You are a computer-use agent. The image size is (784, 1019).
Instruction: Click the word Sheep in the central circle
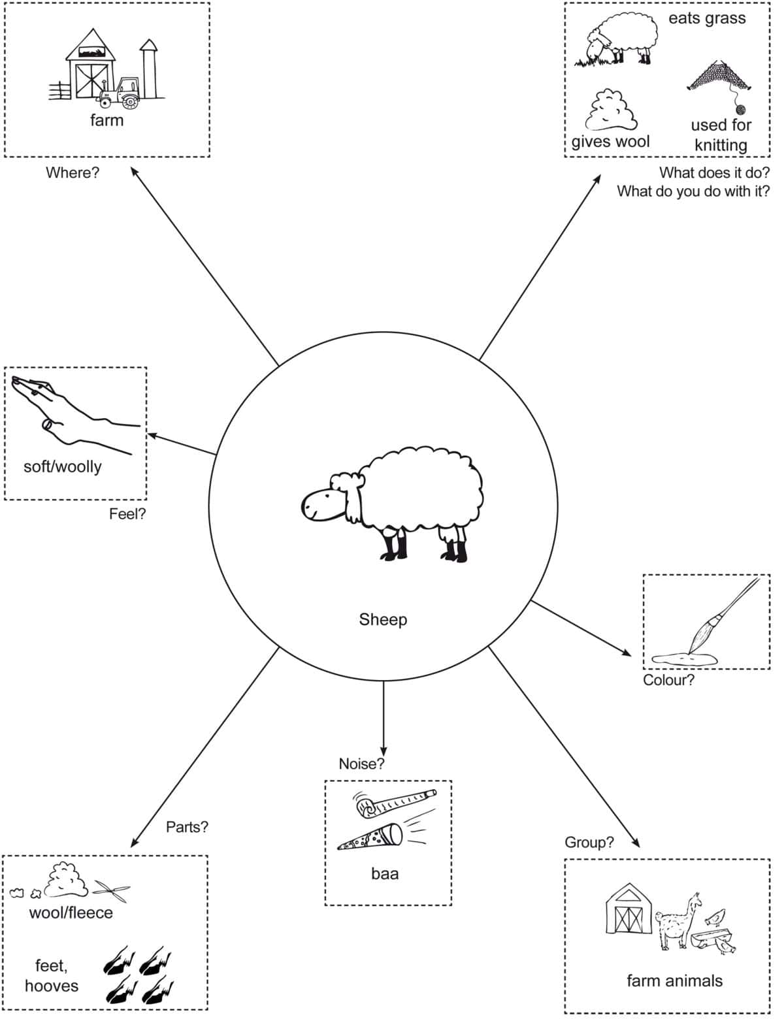[383, 619]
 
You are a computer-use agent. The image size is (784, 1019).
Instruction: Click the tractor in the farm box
[122, 93]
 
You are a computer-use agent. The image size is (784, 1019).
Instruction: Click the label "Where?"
[72, 173]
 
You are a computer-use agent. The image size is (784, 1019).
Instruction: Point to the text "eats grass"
[707, 18]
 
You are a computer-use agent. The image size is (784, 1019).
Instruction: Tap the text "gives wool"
[610, 142]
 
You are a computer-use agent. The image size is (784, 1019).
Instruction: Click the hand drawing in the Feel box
[65, 412]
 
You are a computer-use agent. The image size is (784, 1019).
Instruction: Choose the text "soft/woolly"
[63, 466]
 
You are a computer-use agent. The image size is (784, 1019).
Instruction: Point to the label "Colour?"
[668, 680]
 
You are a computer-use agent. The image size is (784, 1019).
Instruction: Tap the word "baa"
[385, 873]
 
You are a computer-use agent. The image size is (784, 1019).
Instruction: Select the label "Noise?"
[361, 764]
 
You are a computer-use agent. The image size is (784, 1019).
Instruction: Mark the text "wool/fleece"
[71, 913]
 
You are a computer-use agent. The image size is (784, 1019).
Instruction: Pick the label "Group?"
[589, 842]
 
